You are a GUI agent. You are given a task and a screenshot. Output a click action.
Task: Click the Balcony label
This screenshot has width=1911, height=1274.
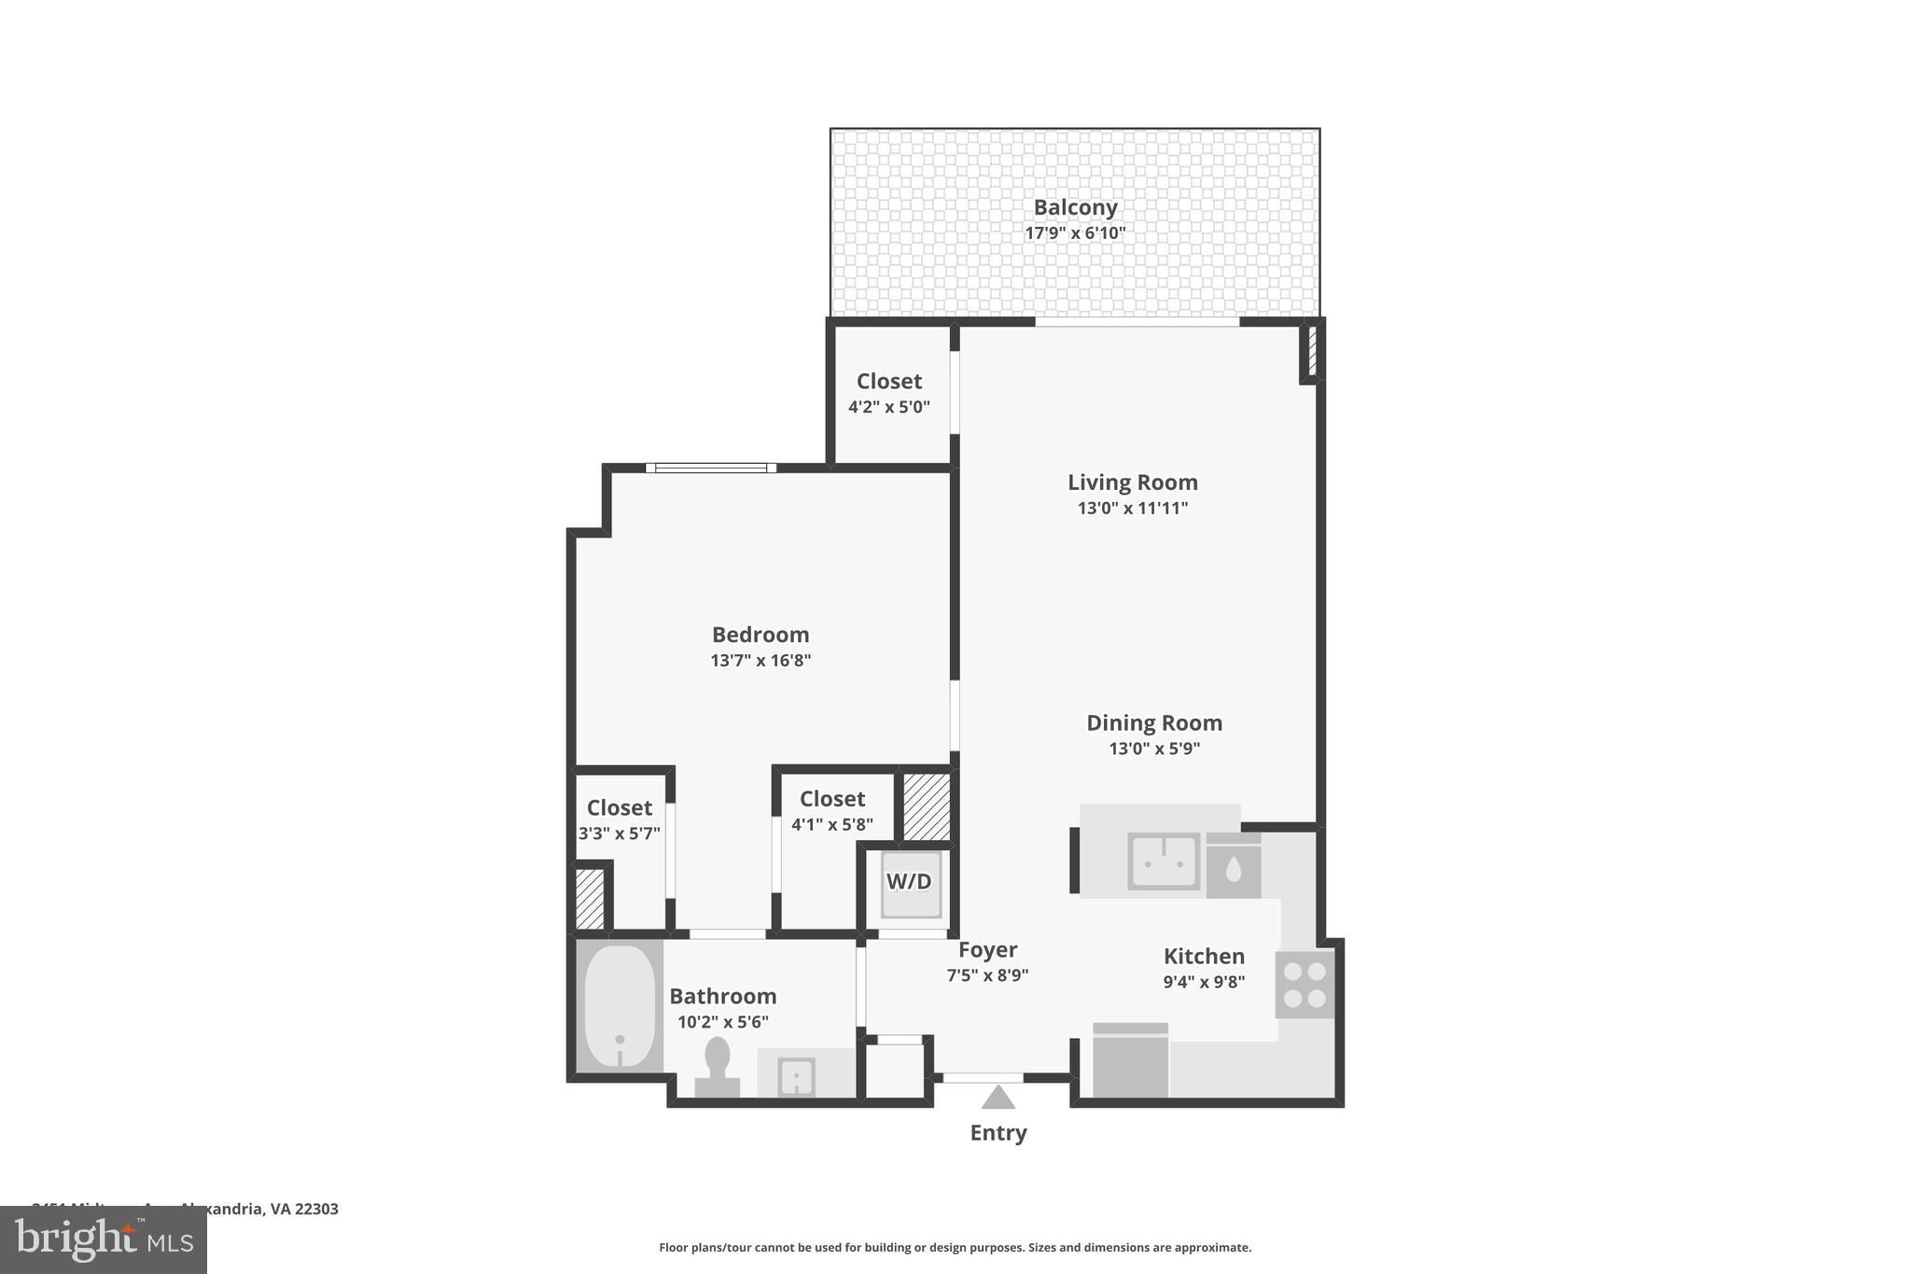coord(1075,207)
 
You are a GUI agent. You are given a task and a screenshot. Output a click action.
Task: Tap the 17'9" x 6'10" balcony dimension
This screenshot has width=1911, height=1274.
coord(1075,233)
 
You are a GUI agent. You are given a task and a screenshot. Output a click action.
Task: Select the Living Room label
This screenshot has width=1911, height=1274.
coord(1132,483)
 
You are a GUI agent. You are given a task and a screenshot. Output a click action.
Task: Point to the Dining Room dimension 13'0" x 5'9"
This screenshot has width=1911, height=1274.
coord(1154,749)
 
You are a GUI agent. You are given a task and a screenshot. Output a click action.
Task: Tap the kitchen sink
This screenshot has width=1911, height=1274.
coord(1164,861)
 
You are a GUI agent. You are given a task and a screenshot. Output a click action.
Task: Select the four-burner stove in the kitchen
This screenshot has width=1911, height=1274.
coord(1304,985)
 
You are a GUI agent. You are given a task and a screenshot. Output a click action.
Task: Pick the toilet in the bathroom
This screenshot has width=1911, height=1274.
coord(717,1066)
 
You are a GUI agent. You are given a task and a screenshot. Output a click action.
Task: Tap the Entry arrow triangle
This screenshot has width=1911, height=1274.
coord(997,1098)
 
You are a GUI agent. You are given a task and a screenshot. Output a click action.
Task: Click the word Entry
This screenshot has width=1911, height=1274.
coord(997,1133)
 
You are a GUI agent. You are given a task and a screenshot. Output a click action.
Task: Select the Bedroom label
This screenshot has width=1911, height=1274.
coord(760,635)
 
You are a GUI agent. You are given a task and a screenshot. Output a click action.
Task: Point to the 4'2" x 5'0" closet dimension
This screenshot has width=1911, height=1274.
coord(888,408)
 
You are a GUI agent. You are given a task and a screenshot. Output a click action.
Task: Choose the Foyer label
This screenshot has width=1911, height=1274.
coord(987,950)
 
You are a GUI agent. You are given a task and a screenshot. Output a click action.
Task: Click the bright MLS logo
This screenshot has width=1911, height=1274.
coord(104,1239)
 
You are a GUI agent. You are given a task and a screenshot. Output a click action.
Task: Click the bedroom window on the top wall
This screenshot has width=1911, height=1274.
coord(711,468)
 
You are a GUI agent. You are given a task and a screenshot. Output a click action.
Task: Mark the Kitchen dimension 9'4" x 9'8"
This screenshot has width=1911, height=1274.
coord(1204,982)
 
